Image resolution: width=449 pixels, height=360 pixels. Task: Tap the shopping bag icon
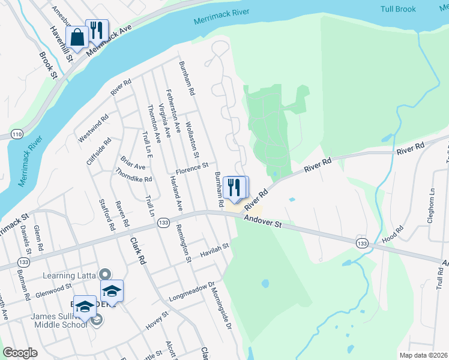coord(77,37)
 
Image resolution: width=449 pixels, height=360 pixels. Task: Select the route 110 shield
coord(16,133)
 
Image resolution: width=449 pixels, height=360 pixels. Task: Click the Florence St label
coord(191,166)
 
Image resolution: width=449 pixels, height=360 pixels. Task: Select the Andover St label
coord(262,222)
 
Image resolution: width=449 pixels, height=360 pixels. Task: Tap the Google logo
coord(20,353)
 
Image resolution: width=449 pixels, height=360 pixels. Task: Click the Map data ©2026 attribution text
coord(423,355)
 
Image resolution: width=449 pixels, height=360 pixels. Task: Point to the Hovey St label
coord(158,320)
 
